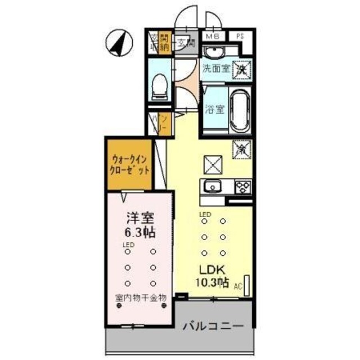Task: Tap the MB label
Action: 211,37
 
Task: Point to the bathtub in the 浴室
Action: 236,109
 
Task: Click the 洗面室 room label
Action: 216,70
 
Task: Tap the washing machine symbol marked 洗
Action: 241,69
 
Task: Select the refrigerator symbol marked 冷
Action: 241,149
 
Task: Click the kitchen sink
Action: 214,186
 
